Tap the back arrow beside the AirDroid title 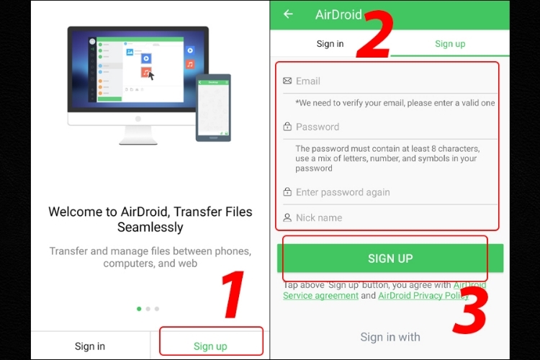tap(288, 14)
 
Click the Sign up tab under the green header tap(450, 44)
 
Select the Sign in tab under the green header tap(330, 44)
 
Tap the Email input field tap(390, 81)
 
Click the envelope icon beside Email tap(287, 81)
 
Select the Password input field tap(390, 127)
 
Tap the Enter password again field tap(390, 192)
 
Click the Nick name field tap(390, 217)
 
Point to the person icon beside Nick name tap(287, 217)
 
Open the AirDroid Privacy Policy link tap(423, 296)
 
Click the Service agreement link tap(320, 296)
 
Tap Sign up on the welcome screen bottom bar tap(210, 346)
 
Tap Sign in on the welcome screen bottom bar tap(90, 346)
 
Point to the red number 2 tap(374, 34)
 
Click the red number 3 tap(470, 310)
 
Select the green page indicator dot tap(139, 309)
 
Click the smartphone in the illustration tap(213, 107)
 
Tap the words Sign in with tap(390, 337)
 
